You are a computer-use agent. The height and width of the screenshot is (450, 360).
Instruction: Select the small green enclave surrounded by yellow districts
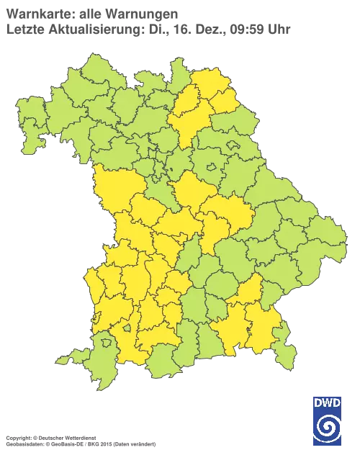[x=127, y=328]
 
